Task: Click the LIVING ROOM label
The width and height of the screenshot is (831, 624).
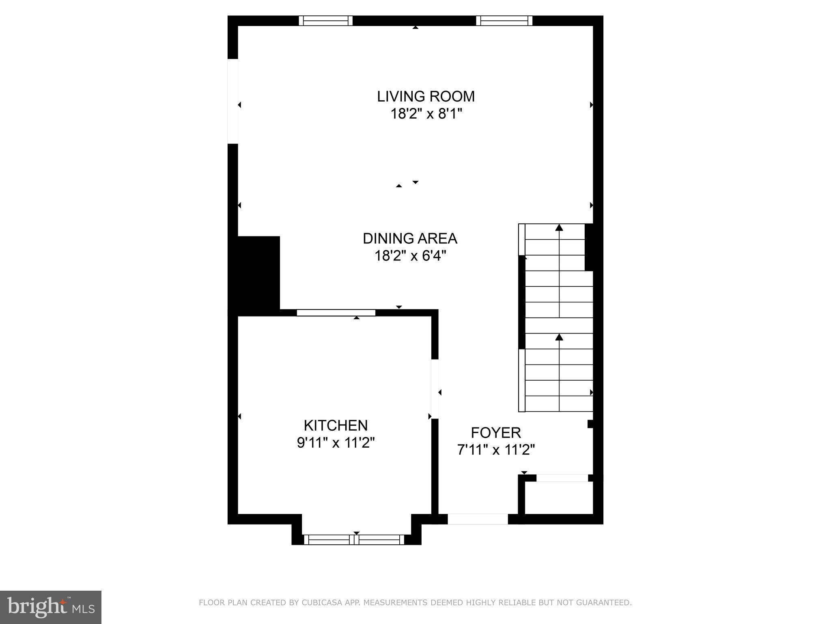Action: click(426, 96)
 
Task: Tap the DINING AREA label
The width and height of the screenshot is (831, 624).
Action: click(410, 238)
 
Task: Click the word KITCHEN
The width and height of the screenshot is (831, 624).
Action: click(336, 425)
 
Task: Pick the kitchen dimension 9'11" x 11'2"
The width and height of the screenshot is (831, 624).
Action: click(336, 442)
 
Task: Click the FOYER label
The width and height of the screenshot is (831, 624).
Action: click(496, 433)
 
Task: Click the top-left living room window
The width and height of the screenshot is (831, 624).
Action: click(326, 21)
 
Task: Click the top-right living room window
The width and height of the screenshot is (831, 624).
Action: click(504, 21)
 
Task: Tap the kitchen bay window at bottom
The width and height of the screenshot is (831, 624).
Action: click(354, 539)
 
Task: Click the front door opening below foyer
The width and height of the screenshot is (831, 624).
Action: click(478, 519)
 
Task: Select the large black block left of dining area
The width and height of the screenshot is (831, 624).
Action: click(254, 273)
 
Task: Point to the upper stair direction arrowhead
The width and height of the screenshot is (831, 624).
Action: click(559, 227)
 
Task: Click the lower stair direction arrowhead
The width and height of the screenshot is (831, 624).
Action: click(559, 337)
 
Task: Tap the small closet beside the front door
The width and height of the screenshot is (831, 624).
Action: click(559, 498)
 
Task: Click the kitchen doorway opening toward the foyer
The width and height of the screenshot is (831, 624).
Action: click(435, 389)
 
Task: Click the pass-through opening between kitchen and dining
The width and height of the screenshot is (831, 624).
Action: click(336, 312)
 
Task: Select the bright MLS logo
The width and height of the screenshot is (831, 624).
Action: click(51, 607)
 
